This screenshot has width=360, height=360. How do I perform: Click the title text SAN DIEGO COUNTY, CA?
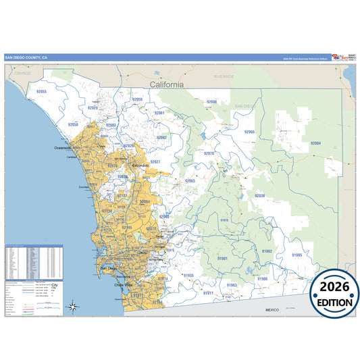(x=26, y=58)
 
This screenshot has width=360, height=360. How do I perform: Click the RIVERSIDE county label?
(x=224, y=77)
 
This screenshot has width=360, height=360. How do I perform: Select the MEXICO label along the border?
(x=272, y=309)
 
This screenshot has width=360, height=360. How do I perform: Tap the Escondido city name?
(x=140, y=165)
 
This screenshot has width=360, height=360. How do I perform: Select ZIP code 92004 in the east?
(x=315, y=143)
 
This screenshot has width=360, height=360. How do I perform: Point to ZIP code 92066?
(x=249, y=132)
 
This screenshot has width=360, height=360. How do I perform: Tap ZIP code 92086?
(x=211, y=102)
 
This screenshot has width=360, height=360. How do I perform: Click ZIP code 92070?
(x=209, y=153)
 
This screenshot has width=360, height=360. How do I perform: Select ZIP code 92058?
(x=74, y=125)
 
